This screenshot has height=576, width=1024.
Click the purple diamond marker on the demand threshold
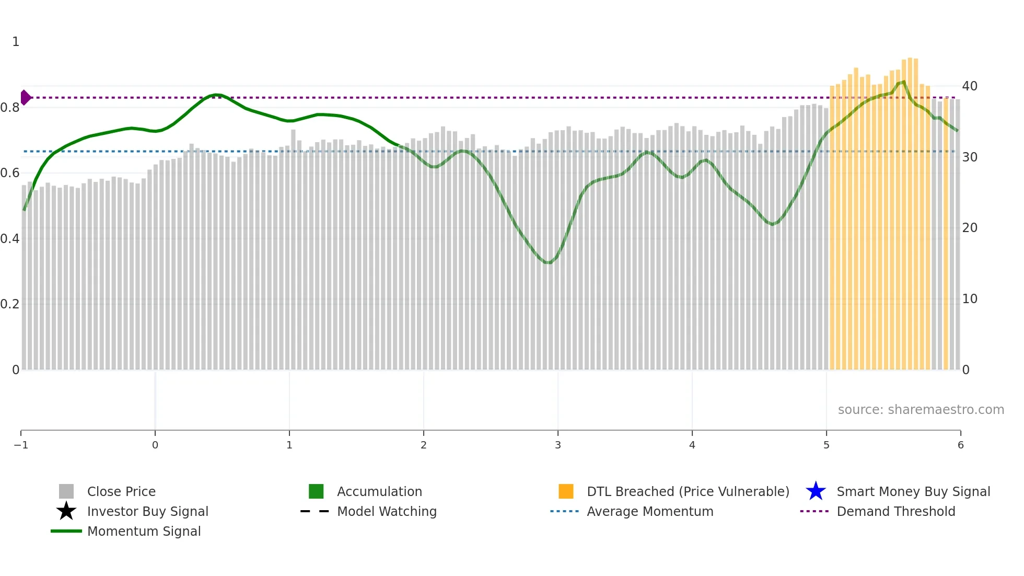click(x=25, y=98)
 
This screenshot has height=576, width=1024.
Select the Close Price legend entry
click(x=121, y=491)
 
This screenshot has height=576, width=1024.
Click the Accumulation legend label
click(x=379, y=491)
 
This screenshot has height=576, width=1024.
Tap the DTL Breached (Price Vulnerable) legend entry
click(x=688, y=491)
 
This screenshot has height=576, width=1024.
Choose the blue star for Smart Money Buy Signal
click(x=816, y=491)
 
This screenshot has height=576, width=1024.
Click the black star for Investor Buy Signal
click(x=66, y=511)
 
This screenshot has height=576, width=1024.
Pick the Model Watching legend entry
click(x=387, y=511)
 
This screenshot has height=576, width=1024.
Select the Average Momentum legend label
click(x=650, y=511)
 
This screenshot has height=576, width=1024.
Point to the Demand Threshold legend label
click(x=895, y=511)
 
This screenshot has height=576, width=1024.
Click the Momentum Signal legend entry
click(x=144, y=531)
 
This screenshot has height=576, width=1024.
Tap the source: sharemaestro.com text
click(x=921, y=409)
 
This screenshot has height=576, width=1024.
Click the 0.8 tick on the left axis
click(x=10, y=108)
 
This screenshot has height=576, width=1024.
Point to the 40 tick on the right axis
click(x=970, y=86)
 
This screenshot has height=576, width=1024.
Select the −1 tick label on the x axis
click(x=21, y=445)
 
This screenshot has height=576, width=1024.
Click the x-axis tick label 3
click(x=558, y=445)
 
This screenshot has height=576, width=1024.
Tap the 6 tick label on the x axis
click(x=960, y=445)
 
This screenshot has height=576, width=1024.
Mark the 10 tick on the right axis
click(x=970, y=299)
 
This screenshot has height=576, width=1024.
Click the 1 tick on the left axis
click(x=16, y=42)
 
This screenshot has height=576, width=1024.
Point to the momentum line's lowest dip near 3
click(x=548, y=262)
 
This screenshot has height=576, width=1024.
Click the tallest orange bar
click(x=910, y=209)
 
